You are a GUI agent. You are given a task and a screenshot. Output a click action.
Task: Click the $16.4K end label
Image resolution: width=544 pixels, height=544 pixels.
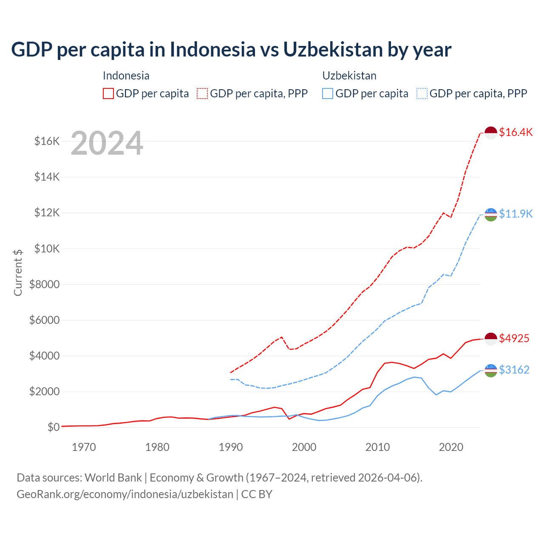pyautogui.click(x=516, y=132)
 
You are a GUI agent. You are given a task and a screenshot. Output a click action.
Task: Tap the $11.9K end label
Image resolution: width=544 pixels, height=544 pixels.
pyautogui.click(x=516, y=213)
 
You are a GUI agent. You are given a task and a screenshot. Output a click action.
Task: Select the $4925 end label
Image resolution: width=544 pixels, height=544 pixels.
pyautogui.click(x=514, y=338)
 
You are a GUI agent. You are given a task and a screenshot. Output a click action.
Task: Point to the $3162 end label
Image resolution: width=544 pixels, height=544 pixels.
pyautogui.click(x=514, y=370)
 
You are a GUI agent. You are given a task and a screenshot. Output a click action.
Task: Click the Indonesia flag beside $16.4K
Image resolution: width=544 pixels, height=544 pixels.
pyautogui.click(x=491, y=133)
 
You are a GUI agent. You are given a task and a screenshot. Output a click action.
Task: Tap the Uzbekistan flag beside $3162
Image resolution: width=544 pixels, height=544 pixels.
pyautogui.click(x=491, y=370)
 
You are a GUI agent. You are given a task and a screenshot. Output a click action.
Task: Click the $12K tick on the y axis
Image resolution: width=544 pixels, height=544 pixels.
pyautogui.click(x=47, y=212)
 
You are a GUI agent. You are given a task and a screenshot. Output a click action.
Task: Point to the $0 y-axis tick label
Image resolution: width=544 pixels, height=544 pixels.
pyautogui.click(x=53, y=427)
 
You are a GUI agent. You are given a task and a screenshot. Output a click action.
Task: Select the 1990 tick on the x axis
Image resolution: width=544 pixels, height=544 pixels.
pyautogui.click(x=231, y=447)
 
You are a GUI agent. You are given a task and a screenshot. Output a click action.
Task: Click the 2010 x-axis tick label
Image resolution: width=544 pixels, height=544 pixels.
pyautogui.click(x=377, y=447)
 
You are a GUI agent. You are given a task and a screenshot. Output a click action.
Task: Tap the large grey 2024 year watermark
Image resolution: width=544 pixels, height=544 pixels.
pyautogui.click(x=107, y=144)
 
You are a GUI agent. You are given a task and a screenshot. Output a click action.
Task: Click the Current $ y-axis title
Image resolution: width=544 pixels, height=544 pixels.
pyautogui.click(x=18, y=272)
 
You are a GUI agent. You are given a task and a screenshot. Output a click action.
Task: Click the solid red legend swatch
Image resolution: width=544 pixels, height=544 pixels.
pyautogui.click(x=108, y=93)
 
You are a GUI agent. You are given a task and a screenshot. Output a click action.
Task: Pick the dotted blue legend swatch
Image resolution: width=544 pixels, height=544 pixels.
pyautogui.click(x=422, y=93)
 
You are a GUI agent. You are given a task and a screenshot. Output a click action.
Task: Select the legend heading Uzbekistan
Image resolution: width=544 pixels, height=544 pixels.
pyautogui.click(x=349, y=76)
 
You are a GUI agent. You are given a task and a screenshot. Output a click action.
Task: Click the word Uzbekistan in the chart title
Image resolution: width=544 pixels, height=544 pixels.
pyautogui.click(x=333, y=49)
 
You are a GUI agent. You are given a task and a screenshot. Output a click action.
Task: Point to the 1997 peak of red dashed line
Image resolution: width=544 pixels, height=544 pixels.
pyautogui.click(x=281, y=337)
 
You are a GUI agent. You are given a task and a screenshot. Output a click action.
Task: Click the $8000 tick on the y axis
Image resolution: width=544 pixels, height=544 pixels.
pyautogui.click(x=44, y=284)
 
